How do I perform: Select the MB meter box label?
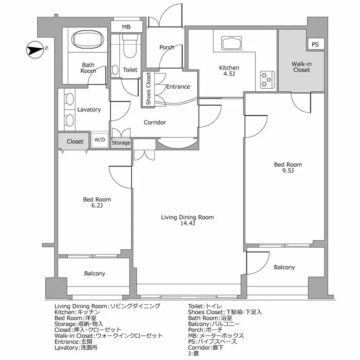tap(126, 27)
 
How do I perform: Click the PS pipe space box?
tap(315, 45)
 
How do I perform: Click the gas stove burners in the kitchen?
tap(265, 79)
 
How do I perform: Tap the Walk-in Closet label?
tap(301, 67)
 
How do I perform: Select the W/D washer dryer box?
tap(99, 140)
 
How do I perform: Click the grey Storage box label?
tap(121, 143)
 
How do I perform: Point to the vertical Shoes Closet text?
tap(148, 89)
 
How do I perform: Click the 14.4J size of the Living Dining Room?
tap(187, 223)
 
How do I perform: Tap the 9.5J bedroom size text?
tap(288, 171)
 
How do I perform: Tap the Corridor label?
tap(154, 123)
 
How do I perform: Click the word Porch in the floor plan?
tap(167, 47)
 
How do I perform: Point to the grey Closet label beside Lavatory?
tap(75, 141)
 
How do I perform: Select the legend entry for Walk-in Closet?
tap(109, 336)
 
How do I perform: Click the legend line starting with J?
tap(193, 353)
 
